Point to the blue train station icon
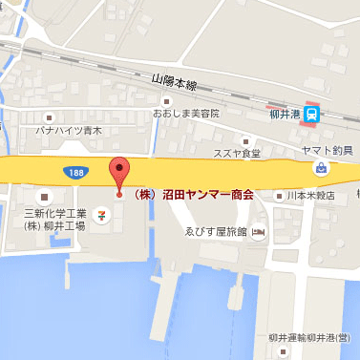point(313,111)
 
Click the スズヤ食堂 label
point(237,153)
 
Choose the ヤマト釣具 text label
point(328,150)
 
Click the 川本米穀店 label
point(309,196)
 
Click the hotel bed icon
point(259,232)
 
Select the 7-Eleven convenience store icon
point(102,216)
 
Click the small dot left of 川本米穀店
point(278,196)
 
